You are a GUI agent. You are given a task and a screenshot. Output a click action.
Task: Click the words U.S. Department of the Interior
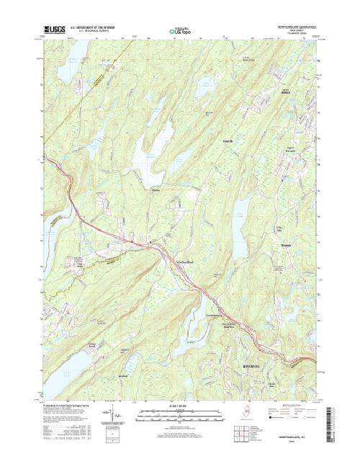tap(87, 27)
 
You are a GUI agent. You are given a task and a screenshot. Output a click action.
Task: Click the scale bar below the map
tap(181, 413)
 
